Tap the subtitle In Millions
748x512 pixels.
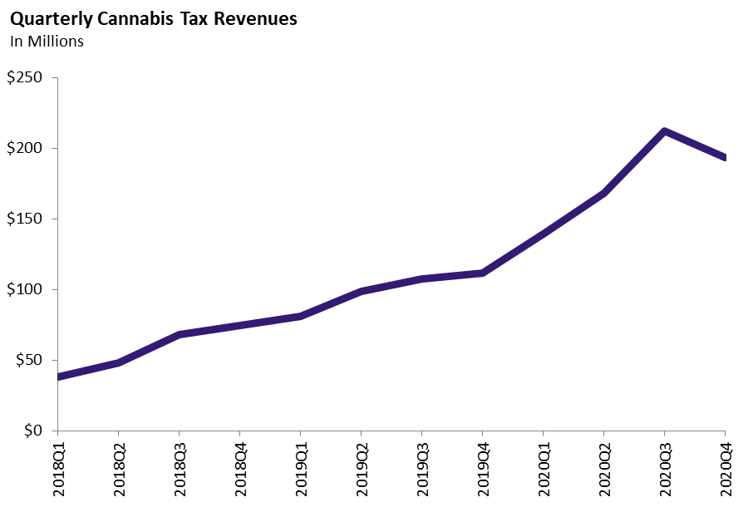[47, 42]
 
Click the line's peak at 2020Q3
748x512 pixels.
[664, 131]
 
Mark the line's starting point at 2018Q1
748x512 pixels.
[58, 377]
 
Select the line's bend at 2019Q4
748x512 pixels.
[483, 273]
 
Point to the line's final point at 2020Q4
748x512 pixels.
[724, 157]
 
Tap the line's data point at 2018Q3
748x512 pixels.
[180, 335]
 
